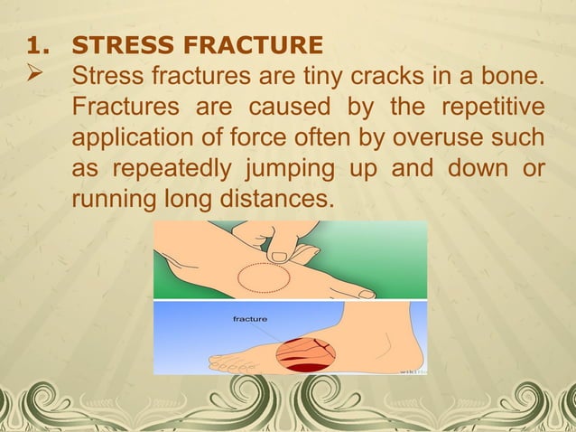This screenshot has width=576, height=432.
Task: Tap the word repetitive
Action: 492,109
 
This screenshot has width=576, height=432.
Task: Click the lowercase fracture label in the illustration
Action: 249,318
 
